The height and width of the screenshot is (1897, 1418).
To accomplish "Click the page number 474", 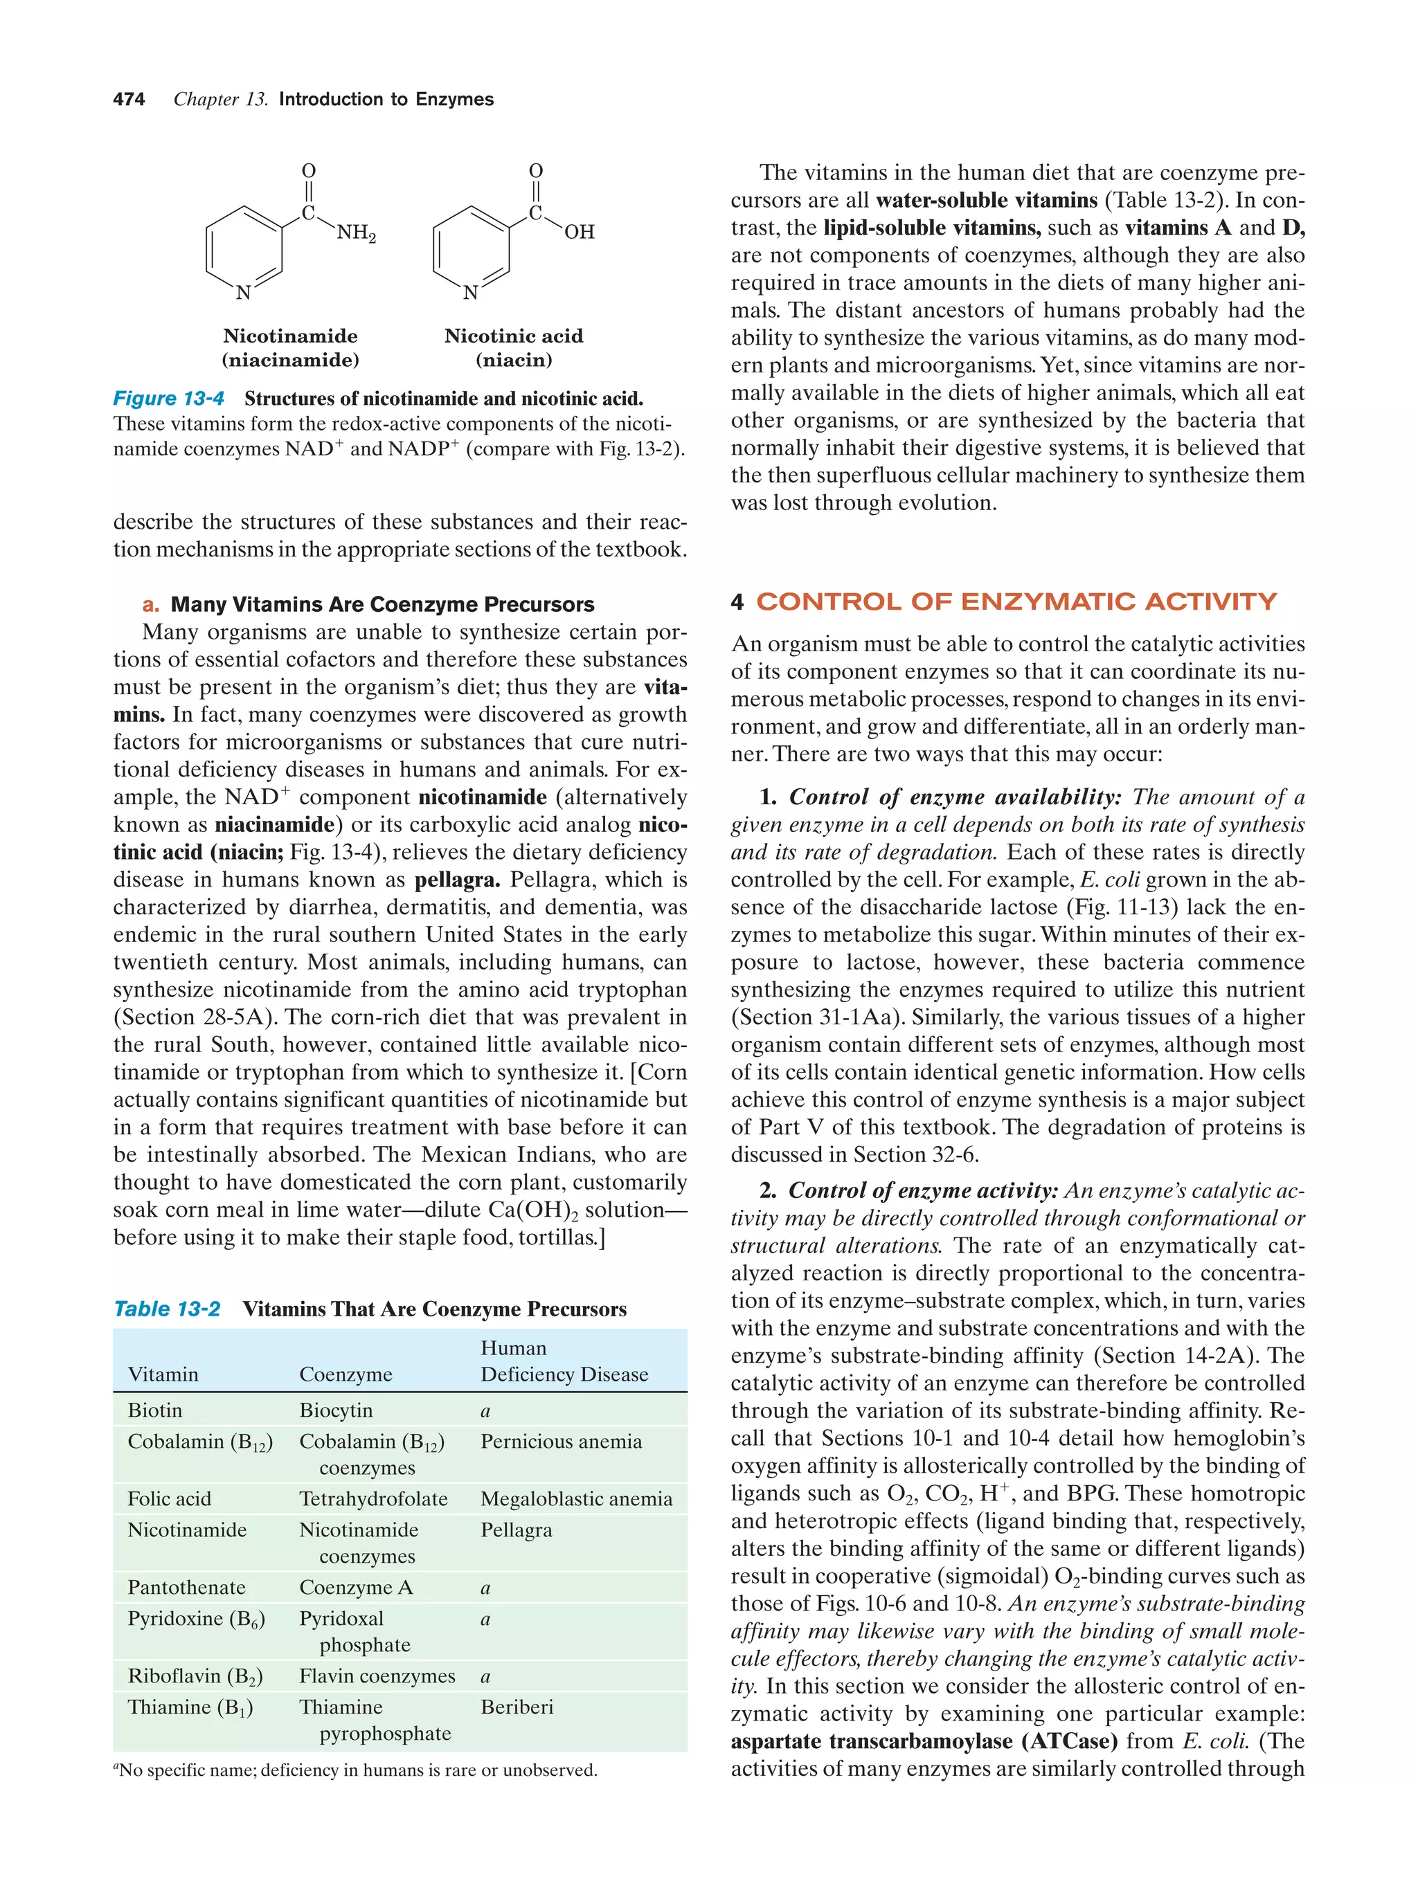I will (x=129, y=100).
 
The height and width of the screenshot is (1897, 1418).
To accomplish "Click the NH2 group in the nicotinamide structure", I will (x=356, y=233).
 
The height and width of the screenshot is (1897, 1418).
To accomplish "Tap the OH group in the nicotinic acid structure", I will (x=579, y=233).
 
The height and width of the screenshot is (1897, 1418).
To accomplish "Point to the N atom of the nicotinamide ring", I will (x=244, y=293).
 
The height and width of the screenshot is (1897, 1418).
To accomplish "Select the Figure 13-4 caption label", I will (x=169, y=399).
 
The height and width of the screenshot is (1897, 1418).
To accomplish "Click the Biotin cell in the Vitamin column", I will (x=155, y=1410).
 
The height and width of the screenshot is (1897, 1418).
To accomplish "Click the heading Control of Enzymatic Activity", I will (x=1016, y=602).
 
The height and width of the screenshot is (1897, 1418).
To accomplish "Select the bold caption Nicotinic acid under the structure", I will (x=513, y=336).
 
